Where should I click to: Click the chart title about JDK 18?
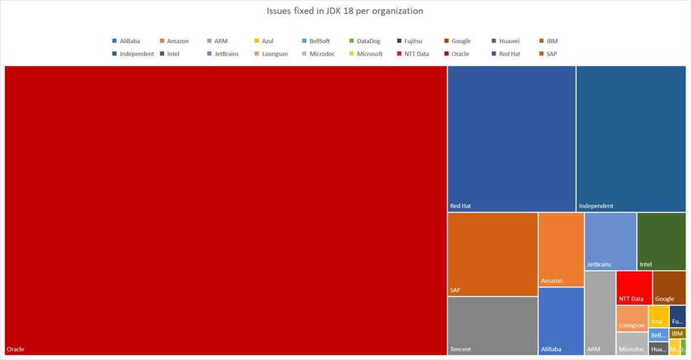(x=345, y=11)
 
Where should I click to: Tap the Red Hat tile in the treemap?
(x=511, y=138)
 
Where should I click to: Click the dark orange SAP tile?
(x=493, y=253)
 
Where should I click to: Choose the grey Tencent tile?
(x=493, y=325)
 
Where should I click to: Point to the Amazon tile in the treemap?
(x=561, y=249)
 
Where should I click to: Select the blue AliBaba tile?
(x=561, y=321)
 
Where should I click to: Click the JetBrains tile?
(x=610, y=241)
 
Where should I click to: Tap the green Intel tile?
(x=662, y=241)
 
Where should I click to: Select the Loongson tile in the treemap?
(x=632, y=318)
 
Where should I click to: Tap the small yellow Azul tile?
(x=659, y=316)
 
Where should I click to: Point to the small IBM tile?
(x=678, y=334)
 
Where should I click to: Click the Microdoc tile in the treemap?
(x=632, y=343)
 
